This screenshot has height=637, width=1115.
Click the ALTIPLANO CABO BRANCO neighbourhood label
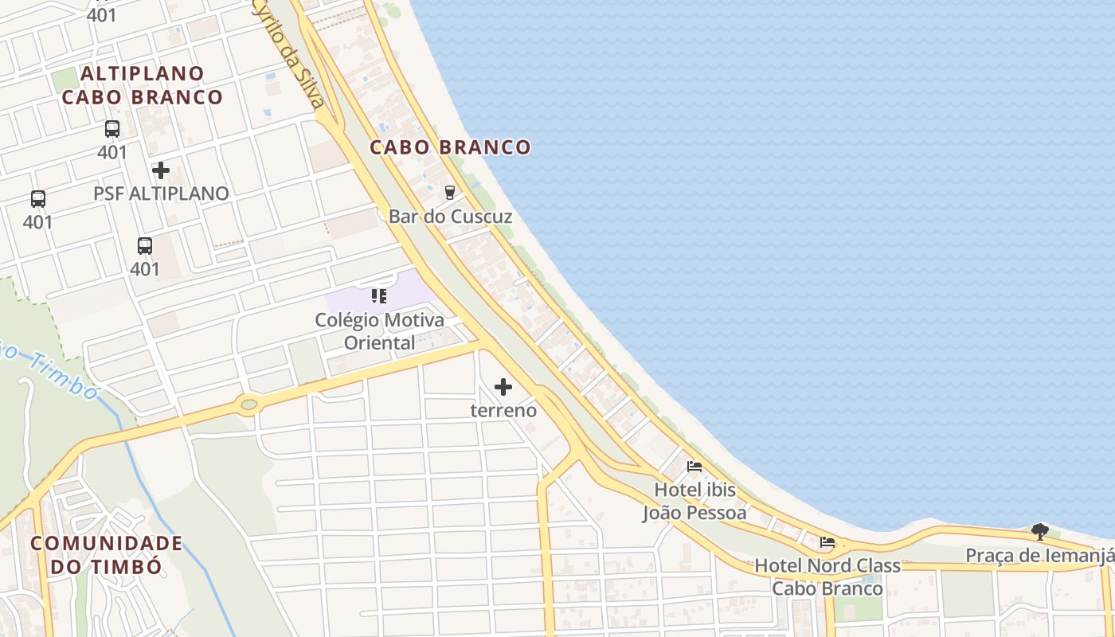(x=143, y=85)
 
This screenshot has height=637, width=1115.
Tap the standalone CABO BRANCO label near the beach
(x=450, y=147)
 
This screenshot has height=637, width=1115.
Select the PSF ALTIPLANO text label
(x=161, y=193)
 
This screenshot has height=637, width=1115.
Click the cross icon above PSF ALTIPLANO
(x=161, y=170)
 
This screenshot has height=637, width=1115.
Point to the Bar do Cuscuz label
(x=450, y=217)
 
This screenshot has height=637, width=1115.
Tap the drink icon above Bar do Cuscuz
(x=450, y=192)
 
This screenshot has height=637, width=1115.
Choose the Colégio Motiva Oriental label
(x=380, y=331)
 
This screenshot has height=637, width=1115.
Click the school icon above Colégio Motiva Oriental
(x=379, y=297)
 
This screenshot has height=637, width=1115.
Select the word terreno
(x=503, y=411)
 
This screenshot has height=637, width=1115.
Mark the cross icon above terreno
(x=503, y=387)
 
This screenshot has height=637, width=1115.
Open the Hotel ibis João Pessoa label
(x=694, y=500)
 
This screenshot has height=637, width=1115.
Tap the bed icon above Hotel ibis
(x=694, y=467)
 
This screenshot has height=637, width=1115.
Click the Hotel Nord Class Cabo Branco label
(x=827, y=577)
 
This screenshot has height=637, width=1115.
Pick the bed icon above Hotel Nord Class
(x=827, y=543)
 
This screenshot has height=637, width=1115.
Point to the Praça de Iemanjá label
(x=1039, y=555)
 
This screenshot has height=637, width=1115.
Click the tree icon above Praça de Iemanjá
(x=1039, y=531)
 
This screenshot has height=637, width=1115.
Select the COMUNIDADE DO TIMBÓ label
(x=107, y=555)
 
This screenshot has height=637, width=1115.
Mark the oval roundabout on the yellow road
(x=248, y=404)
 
